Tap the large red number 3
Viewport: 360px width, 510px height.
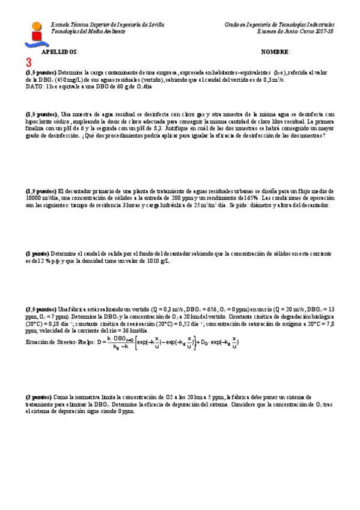point(28,63)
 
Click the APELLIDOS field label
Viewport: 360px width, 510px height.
point(59,52)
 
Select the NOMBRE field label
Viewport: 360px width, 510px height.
point(276,52)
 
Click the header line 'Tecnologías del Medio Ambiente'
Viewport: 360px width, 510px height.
point(88,31)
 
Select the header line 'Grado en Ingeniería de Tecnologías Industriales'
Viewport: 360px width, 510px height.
point(279,24)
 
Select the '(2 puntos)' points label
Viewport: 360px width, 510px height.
point(38,398)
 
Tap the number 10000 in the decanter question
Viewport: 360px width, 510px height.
point(35,198)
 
